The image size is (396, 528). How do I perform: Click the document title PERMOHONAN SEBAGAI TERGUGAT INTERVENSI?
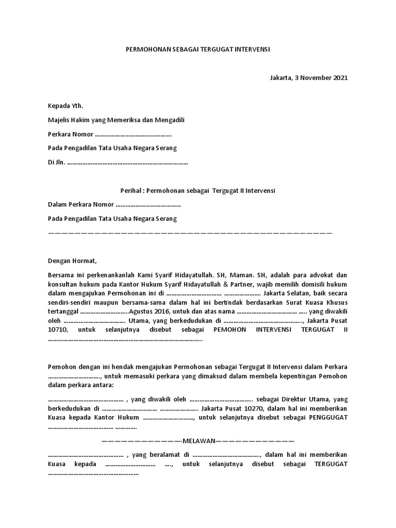pos(198,49)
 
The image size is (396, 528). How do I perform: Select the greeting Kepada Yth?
pos(65,106)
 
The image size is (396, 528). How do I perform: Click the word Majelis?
pos(59,120)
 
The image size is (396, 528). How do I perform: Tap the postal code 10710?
pos(58,329)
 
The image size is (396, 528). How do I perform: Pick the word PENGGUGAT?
pos(328,417)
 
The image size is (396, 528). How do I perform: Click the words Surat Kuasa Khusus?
pos(322,302)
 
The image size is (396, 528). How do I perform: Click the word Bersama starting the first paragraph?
pos(61,275)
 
